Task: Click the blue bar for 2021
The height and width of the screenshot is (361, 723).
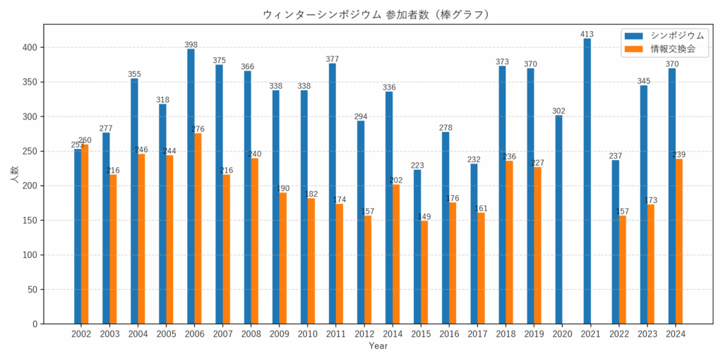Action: point(587,181)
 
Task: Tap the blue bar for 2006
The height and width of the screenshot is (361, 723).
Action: point(191,186)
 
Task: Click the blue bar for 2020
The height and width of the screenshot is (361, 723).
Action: point(558,219)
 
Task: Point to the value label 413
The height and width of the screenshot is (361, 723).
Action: point(587,34)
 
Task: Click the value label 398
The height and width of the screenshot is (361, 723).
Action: point(191,44)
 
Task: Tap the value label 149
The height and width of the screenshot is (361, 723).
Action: point(424,216)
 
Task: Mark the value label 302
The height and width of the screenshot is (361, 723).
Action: point(558,111)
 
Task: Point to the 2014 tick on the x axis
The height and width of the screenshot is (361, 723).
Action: point(393,334)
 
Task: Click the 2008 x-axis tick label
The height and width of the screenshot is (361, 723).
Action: point(251,334)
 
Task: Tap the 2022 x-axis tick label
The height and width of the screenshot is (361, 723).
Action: point(619,334)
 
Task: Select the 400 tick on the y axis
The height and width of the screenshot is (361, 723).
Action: point(31,47)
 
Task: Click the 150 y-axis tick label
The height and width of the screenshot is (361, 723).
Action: point(31,220)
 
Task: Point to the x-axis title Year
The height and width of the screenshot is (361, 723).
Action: point(378,346)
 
